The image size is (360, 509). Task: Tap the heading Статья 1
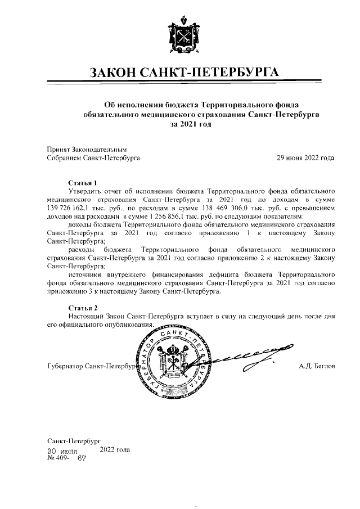83,183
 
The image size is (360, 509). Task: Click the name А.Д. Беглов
317,367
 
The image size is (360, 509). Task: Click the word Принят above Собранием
58,150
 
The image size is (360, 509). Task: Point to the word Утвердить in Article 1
85,191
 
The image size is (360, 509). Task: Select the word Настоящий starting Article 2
87,317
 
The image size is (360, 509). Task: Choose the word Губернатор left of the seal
65,367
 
